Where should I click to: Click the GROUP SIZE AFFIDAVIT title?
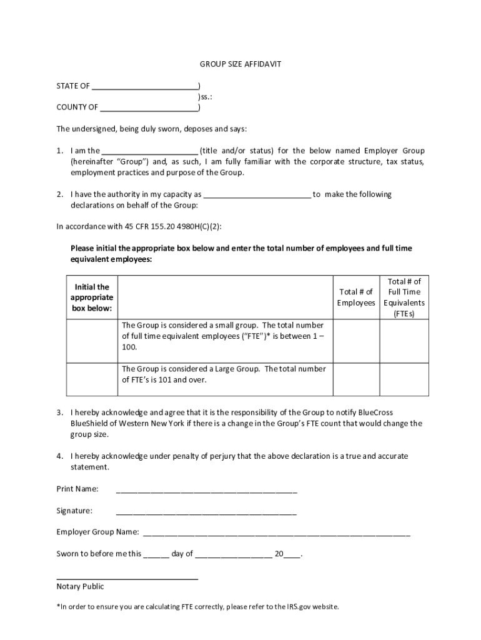241,64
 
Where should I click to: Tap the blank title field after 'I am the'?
149,151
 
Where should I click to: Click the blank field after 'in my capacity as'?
257,195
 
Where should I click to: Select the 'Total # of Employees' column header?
356,297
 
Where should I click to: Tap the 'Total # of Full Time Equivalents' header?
404,297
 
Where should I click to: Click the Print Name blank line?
206,489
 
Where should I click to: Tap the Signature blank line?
206,511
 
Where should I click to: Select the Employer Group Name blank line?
277,533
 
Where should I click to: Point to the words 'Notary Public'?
80,587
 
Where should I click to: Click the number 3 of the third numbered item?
59,413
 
